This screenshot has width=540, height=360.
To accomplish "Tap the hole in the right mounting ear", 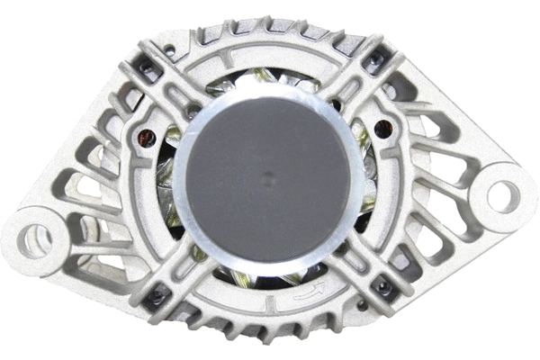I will (502, 195).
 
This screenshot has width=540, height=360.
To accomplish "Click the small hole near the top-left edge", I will (169, 49).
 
